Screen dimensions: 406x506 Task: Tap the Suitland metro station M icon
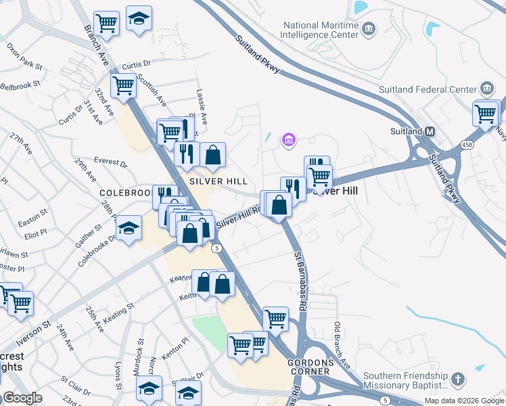click(430, 131)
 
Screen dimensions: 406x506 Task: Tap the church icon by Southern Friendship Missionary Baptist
click(458, 379)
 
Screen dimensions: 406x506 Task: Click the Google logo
click(22, 398)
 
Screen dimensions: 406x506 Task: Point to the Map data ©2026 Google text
click(464, 401)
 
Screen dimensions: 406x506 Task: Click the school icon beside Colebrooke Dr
click(128, 228)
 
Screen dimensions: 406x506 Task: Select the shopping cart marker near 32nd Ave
click(123, 87)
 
